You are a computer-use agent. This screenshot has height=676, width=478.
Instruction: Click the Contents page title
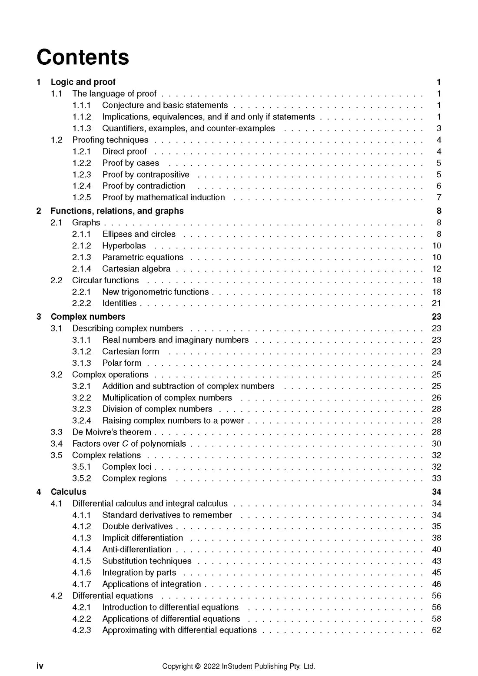(x=83, y=57)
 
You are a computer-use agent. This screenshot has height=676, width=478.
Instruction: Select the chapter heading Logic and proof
(x=83, y=82)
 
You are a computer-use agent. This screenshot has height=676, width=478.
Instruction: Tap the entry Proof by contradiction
(x=144, y=186)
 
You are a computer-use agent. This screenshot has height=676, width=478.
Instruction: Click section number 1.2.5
(x=82, y=198)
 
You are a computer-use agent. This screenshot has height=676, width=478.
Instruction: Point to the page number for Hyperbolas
(x=436, y=246)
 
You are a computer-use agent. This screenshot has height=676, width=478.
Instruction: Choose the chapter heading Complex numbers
(x=88, y=317)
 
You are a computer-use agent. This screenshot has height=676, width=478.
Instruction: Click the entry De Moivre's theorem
(x=112, y=432)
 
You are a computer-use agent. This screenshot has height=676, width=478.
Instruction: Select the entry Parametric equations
(x=143, y=257)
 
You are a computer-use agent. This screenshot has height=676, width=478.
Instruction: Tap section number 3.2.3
(x=82, y=409)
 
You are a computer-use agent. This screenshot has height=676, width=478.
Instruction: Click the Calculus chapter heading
(x=68, y=492)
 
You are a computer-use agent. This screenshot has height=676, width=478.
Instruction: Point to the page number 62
(x=436, y=630)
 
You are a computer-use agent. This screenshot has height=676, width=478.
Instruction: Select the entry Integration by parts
(x=139, y=573)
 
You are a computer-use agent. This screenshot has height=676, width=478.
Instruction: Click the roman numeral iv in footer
(x=40, y=666)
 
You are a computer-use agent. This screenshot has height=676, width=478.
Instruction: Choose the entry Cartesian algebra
(x=136, y=269)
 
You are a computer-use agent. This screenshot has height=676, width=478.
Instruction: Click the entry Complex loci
(x=126, y=467)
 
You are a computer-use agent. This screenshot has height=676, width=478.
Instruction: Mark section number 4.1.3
(x=82, y=538)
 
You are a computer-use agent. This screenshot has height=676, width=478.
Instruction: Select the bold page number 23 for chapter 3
(x=436, y=317)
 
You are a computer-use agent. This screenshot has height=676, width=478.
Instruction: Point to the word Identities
(x=119, y=303)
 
